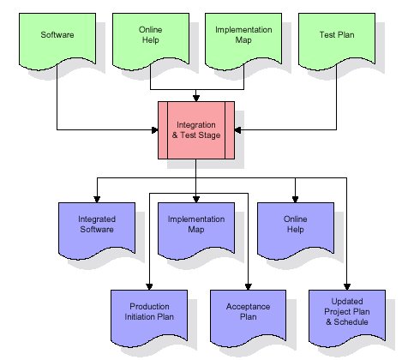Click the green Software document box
coord(57,40)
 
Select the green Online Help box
coord(151,40)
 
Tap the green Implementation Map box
coord(243,40)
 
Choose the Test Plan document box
coord(337,40)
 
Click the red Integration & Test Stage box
coord(196,130)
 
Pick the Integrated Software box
coord(97,230)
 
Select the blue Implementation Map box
coord(196,230)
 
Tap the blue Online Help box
coord(296,230)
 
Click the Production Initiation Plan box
coord(149,318)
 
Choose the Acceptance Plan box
coord(248,318)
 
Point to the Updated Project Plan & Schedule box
coord(347,318)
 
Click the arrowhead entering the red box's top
coord(196,98)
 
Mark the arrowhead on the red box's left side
coord(155,130)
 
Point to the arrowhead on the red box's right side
coord(237,130)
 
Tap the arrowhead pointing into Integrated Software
coord(97,200)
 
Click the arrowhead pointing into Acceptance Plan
coord(248,287)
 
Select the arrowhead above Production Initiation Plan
coord(149,287)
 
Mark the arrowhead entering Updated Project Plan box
coord(347,287)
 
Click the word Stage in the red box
coord(210,135)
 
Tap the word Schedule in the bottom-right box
coord(351,322)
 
